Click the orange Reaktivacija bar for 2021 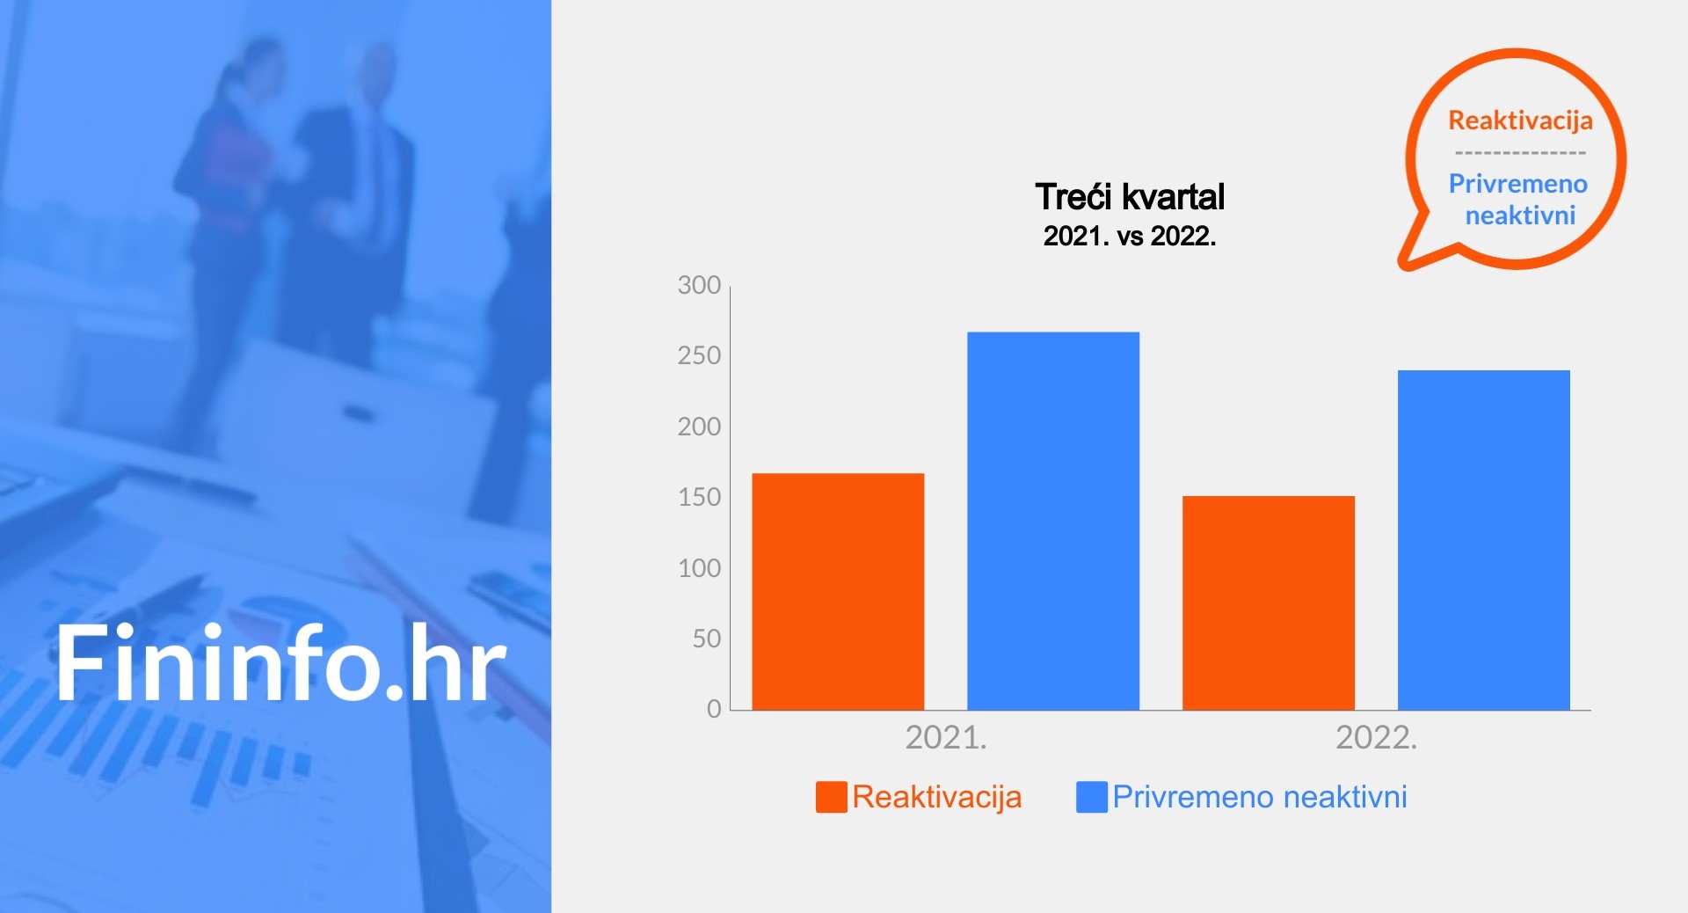(838, 591)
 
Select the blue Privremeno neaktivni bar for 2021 (1053, 521)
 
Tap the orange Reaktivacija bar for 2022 (1269, 603)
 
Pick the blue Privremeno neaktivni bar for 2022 (1484, 540)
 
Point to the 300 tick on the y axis (699, 285)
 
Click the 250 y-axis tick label (699, 355)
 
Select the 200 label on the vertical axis (699, 427)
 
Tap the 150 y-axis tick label (699, 497)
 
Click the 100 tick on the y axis (699, 568)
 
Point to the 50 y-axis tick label (706, 639)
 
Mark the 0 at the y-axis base (714, 709)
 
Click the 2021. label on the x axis (946, 737)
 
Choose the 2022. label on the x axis (1376, 737)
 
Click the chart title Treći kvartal (1130, 197)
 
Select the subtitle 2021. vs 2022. (1130, 236)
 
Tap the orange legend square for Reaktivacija (832, 797)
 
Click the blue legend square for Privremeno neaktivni (1092, 797)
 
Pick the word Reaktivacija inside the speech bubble (1520, 121)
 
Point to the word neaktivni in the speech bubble (1520, 215)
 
